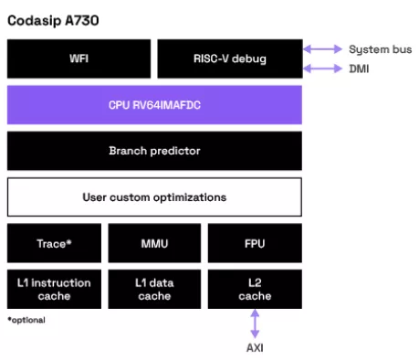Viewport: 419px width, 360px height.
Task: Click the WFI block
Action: tap(79, 58)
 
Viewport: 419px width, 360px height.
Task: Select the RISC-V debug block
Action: tap(229, 58)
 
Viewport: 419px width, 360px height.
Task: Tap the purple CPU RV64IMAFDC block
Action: tap(154, 105)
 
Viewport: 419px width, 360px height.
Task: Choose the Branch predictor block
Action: tap(154, 151)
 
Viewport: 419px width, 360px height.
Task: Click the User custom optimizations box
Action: tap(154, 197)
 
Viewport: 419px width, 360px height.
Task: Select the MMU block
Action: tap(154, 244)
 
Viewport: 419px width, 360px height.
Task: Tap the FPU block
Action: tap(255, 244)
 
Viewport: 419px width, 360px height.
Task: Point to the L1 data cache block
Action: tap(154, 290)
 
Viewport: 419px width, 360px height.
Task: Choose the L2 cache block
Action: tap(255, 290)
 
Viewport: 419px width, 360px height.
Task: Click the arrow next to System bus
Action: tap(322, 49)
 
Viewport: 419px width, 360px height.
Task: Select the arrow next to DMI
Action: tap(322, 68)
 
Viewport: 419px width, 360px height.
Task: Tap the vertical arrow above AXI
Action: tap(255, 324)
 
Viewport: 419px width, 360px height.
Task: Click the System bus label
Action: tap(376, 49)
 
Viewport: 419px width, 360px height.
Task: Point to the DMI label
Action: tap(360, 68)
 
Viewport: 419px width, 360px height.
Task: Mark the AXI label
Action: tap(255, 348)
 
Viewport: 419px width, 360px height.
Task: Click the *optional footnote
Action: tap(26, 320)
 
